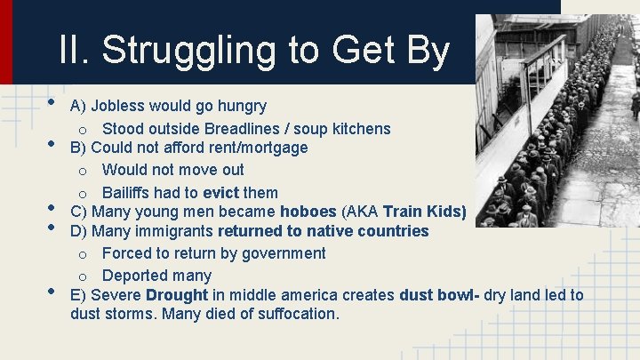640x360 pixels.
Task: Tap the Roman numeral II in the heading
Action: pyautogui.click(x=74, y=50)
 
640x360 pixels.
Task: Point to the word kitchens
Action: pyautogui.click(x=361, y=129)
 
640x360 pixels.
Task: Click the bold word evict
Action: pyautogui.click(x=220, y=193)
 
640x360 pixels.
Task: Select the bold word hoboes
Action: pyautogui.click(x=308, y=212)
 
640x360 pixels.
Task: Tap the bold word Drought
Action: pyautogui.click(x=177, y=295)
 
